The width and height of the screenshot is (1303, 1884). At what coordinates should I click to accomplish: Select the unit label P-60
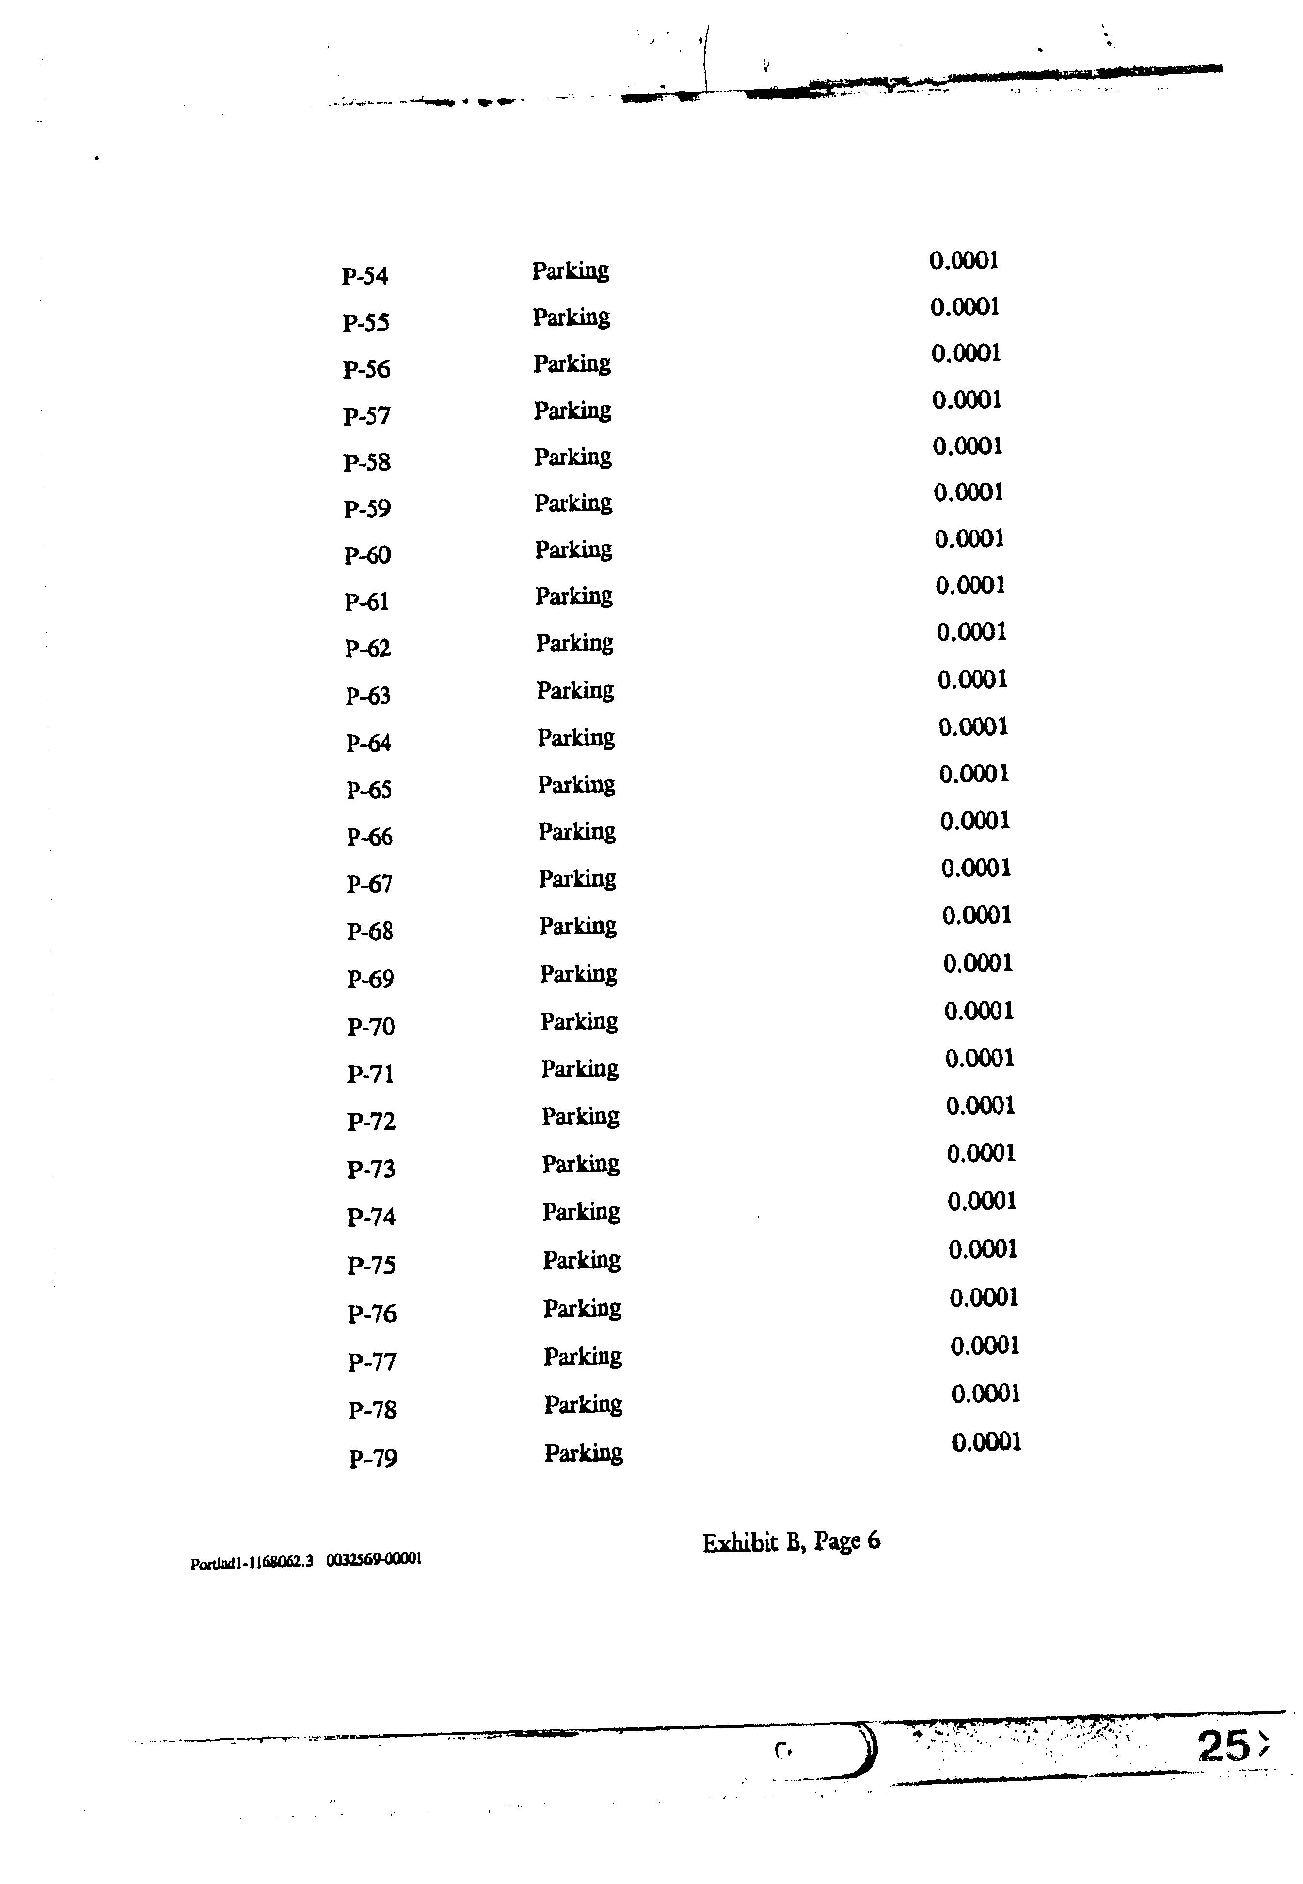point(367,556)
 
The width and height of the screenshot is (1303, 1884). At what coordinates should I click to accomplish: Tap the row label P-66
point(370,838)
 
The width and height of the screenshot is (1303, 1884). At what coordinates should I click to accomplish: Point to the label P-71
point(371,1074)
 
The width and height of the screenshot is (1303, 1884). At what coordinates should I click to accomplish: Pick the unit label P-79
point(373,1459)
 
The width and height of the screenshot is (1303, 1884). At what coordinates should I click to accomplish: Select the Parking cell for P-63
point(575,691)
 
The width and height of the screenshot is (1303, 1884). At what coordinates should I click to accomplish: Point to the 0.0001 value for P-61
point(970,586)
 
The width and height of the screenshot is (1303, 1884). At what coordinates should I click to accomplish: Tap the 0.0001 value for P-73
point(981,1154)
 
